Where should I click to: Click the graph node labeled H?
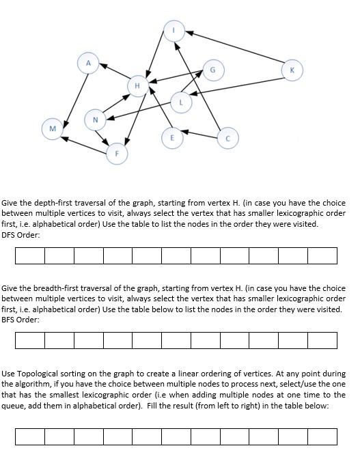[137, 86]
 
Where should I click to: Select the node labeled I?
[174, 30]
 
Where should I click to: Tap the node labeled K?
[292, 70]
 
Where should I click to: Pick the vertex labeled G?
[212, 70]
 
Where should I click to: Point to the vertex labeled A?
[87, 63]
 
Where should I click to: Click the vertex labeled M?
[52, 128]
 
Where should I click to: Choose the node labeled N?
[95, 120]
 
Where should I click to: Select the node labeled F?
[117, 154]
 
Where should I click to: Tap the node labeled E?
[172, 137]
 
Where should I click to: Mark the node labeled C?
[227, 138]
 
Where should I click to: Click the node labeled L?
[180, 102]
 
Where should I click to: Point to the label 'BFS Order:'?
[20, 320]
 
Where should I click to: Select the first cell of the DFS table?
[30, 255]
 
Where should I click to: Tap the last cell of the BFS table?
[322, 339]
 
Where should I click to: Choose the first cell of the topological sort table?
[30, 436]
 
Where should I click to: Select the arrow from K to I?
[239, 51]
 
